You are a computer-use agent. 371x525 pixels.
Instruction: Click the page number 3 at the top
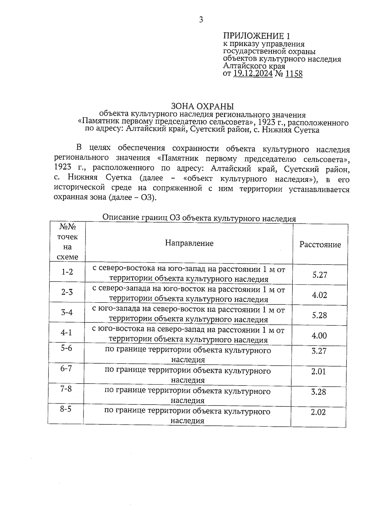(201, 20)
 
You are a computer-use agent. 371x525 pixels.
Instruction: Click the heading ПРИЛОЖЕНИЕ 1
(257, 36)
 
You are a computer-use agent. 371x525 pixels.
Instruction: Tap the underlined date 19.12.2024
(253, 74)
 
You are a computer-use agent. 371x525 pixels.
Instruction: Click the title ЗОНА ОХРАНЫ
(203, 106)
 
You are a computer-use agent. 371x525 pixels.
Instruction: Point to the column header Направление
(189, 243)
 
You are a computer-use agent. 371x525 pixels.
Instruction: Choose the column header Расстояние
(320, 245)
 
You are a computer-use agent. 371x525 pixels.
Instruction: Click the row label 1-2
(67, 272)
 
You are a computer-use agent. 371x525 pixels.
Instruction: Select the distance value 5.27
(320, 275)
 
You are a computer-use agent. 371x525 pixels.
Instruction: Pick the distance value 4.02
(319, 295)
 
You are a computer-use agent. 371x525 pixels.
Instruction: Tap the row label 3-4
(67, 312)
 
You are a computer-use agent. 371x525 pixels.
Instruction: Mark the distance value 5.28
(319, 315)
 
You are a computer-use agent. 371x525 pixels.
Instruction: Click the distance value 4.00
(319, 336)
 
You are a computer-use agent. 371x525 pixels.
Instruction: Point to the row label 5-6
(66, 348)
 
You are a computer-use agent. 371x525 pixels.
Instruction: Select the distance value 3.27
(319, 351)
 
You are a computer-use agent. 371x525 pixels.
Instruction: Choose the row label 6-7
(66, 368)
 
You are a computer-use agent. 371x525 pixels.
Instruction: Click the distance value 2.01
(318, 372)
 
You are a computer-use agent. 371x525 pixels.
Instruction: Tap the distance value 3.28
(318, 392)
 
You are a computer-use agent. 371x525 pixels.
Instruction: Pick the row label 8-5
(66, 409)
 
